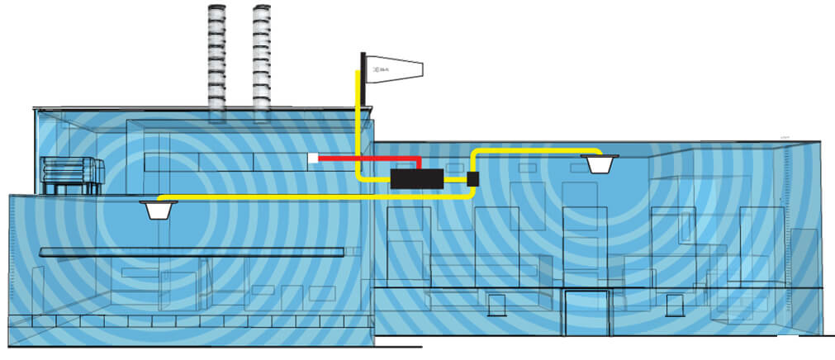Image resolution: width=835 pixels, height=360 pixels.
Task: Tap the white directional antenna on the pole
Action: coord(396,71)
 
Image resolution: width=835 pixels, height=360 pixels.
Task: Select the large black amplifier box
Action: coord(416,178)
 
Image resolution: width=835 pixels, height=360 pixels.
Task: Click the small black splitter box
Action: coord(473,178)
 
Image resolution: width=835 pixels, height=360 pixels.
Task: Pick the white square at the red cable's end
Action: coord(313,158)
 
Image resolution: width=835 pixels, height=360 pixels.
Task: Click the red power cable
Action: coord(372,158)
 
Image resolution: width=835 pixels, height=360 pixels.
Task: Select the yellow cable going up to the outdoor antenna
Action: coord(358,124)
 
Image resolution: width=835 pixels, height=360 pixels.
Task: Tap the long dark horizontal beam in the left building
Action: coord(190,252)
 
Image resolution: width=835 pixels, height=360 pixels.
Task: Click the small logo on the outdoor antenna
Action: coord(381,72)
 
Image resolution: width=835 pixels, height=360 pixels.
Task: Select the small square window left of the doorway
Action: coord(498,306)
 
